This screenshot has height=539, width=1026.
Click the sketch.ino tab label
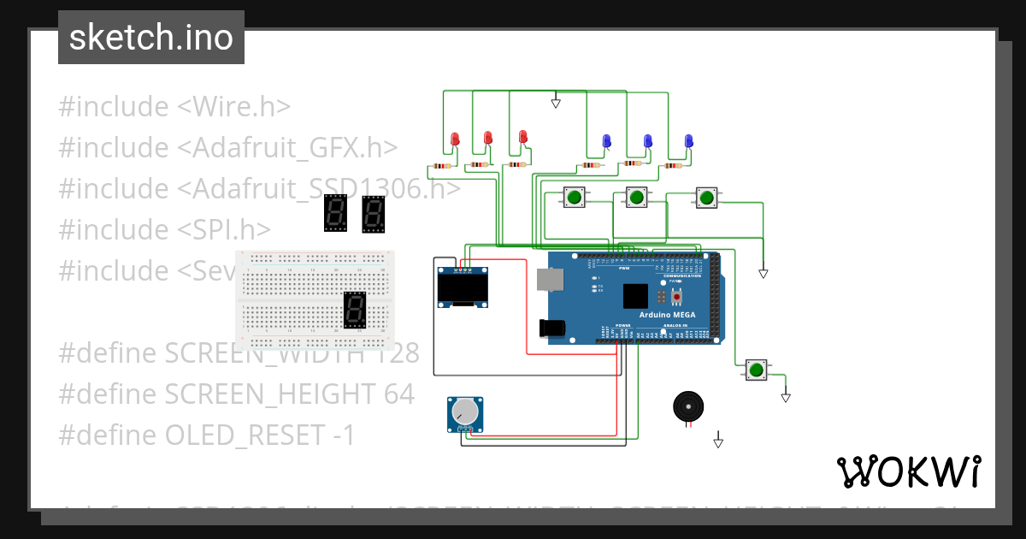pos(151,38)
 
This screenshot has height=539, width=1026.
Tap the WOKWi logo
pos(908,471)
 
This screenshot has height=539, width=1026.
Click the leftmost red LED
pos(455,139)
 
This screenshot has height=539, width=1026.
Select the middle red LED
pos(488,137)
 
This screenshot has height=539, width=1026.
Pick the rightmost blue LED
pos(688,140)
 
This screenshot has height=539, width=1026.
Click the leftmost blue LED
pos(607,140)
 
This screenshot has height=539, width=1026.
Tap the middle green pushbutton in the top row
pos(635,198)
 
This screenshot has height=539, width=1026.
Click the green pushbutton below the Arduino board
pos(756,370)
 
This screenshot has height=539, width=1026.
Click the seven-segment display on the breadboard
pos(355,311)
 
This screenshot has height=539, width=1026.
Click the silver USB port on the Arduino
pos(550,279)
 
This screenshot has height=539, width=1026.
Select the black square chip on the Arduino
pos(636,295)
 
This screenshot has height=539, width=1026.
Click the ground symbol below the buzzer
pos(718,442)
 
